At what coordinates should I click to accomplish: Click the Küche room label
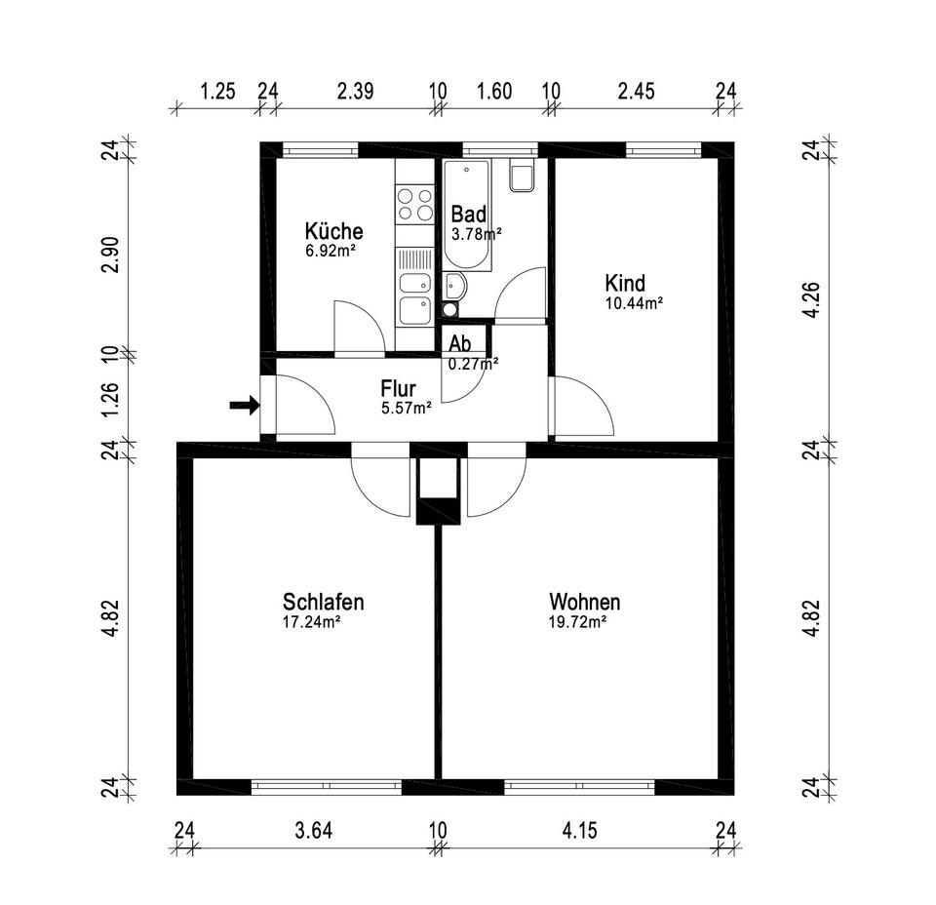[x=333, y=232]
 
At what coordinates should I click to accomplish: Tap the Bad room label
[x=468, y=215]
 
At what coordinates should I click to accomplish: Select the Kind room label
[x=625, y=284]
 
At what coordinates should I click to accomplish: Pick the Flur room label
[x=398, y=389]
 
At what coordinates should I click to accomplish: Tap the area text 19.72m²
[x=577, y=621]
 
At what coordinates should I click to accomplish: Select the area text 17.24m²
[x=311, y=621]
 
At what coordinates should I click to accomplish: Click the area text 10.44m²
[x=634, y=303]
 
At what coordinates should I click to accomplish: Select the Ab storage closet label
[x=460, y=343]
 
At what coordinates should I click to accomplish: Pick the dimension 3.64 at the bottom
[x=314, y=831]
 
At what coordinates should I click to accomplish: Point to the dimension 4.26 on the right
[x=808, y=298]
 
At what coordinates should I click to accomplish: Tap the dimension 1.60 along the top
[x=493, y=92]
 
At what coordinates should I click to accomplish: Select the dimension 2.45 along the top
[x=636, y=92]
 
